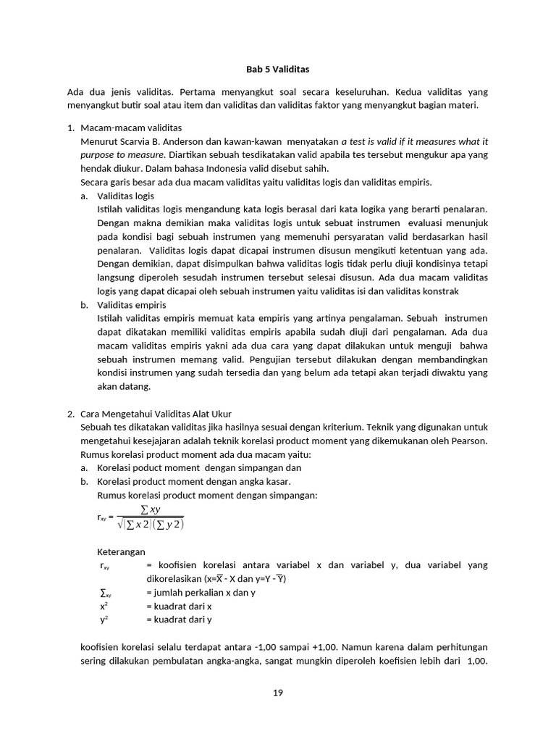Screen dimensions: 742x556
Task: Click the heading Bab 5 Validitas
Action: point(277,70)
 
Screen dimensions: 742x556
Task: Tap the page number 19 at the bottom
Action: point(277,693)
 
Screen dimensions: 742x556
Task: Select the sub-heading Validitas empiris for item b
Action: point(132,305)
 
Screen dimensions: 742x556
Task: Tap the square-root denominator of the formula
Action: point(151,525)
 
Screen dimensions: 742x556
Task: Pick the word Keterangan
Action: point(121,551)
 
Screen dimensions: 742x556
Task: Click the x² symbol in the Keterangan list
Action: point(104,606)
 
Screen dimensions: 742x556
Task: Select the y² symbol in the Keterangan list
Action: point(104,620)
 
